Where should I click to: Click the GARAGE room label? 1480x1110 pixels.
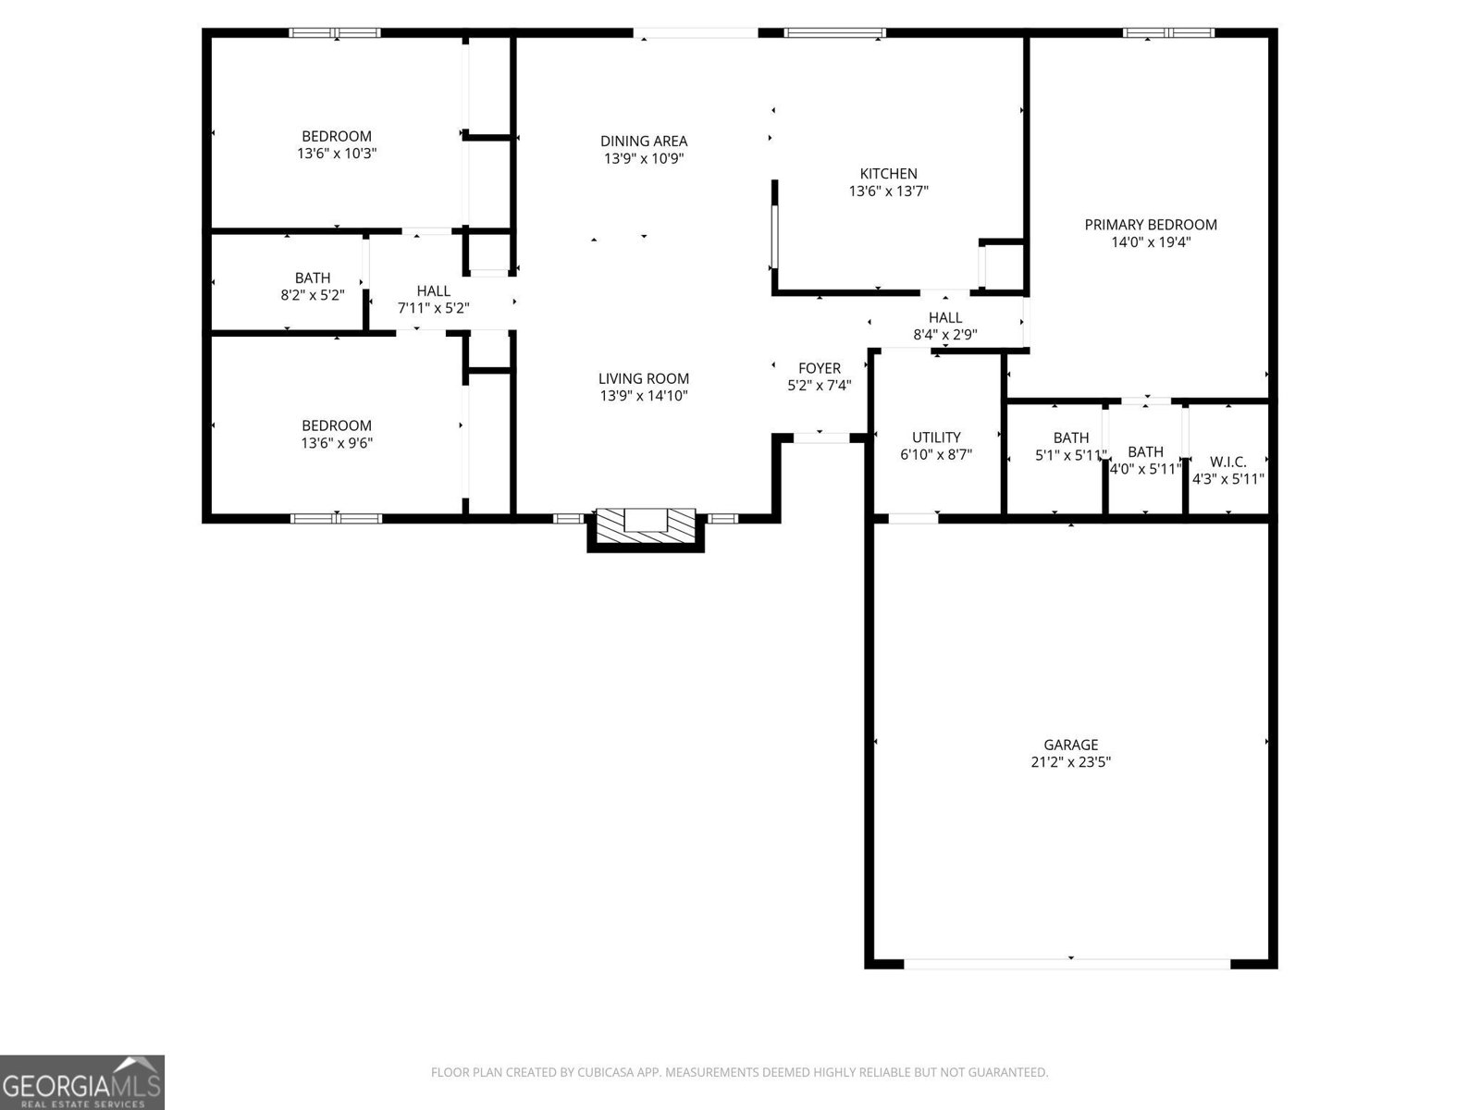click(1070, 745)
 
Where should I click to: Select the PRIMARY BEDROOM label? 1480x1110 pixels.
click(1151, 225)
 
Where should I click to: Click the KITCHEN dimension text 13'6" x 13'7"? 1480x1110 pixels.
click(888, 191)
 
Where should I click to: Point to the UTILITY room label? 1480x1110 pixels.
click(936, 438)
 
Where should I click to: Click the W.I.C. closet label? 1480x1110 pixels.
click(1227, 462)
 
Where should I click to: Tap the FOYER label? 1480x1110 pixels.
click(820, 368)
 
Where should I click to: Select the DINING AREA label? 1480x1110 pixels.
click(644, 142)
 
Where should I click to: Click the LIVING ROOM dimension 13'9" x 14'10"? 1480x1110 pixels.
click(644, 396)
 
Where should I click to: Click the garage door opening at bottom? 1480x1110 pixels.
click(1067, 963)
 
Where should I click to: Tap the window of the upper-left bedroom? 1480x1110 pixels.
click(335, 33)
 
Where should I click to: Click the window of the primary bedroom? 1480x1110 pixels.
click(1168, 33)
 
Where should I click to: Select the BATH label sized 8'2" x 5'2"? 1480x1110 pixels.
click(313, 277)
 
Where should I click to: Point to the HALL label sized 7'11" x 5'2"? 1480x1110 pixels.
click(433, 291)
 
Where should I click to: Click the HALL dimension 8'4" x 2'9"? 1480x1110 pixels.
click(945, 335)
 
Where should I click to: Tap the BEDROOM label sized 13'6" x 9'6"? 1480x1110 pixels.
click(337, 425)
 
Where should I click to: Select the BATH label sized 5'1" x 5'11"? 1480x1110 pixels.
click(1070, 438)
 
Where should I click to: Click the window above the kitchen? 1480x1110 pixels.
click(834, 33)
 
